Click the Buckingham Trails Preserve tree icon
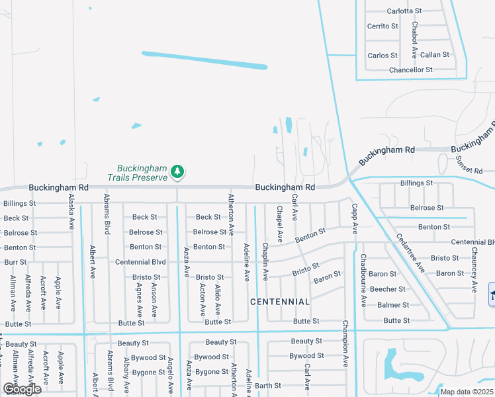177,172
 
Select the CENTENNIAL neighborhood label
280,302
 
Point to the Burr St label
15,262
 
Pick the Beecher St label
387,289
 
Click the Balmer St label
393,305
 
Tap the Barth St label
268,386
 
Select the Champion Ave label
345,343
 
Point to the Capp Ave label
355,220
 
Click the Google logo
22,389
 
